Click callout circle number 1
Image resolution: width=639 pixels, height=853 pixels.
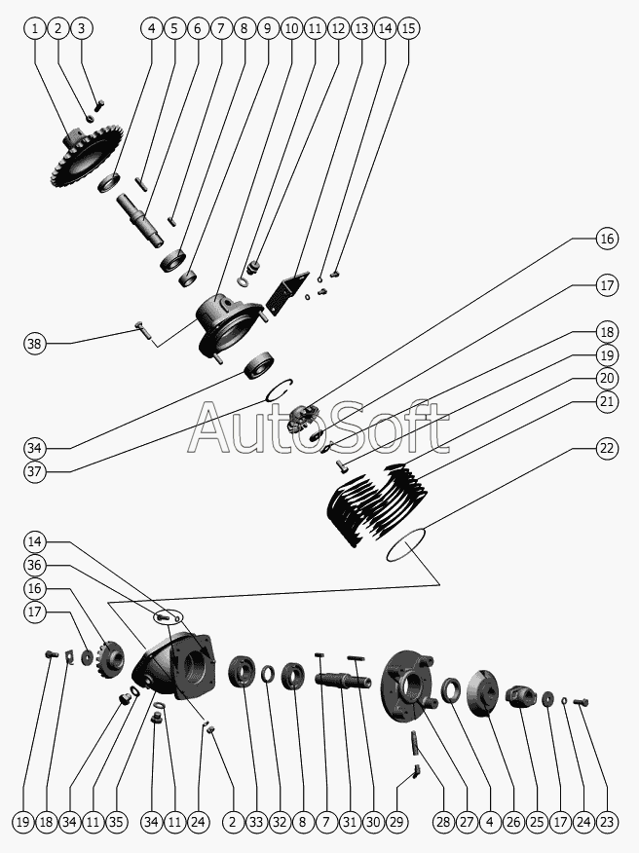[35, 28]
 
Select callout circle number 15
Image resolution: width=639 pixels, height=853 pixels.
[408, 28]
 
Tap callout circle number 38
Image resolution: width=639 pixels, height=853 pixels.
[35, 343]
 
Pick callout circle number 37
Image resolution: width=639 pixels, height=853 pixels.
[35, 471]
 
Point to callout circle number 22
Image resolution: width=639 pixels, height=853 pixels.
[607, 448]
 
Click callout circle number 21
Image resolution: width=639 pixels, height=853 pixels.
[607, 401]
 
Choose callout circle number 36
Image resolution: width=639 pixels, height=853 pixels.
[35, 565]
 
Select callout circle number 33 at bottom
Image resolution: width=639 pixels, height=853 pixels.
[256, 822]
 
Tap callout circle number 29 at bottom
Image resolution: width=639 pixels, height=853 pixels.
[396, 822]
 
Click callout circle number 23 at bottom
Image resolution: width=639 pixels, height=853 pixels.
[607, 822]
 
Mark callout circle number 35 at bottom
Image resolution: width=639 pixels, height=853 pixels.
[116, 822]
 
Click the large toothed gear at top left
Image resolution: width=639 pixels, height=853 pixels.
[85, 157]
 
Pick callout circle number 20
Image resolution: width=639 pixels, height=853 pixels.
[607, 378]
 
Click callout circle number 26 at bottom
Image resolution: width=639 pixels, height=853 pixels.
[513, 822]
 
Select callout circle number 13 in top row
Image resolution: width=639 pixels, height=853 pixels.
[361, 28]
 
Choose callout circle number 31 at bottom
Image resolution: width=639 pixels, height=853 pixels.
[350, 822]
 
